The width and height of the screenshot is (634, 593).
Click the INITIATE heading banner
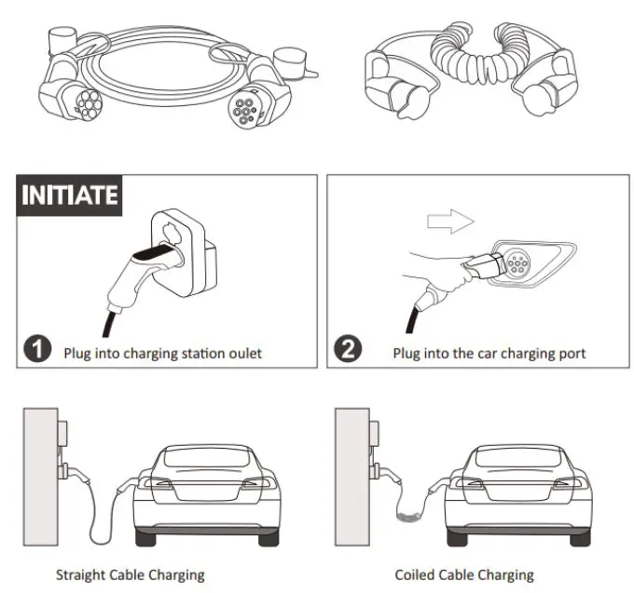70,195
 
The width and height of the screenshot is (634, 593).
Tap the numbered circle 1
36,351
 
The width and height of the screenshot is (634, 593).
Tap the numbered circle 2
347,351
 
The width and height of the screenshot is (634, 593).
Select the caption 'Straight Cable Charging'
130,574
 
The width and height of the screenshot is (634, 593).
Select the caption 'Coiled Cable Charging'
463,574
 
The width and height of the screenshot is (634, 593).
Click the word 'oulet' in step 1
243,354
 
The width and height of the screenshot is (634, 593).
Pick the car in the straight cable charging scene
204,493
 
